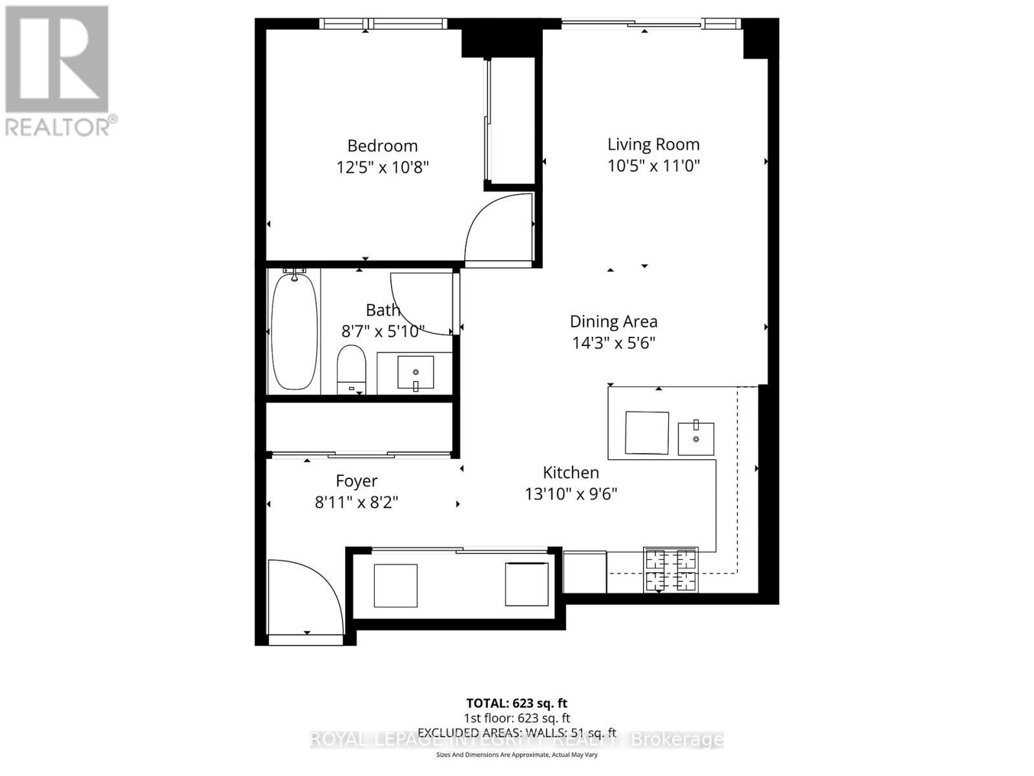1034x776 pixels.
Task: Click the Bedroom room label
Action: coord(383,146)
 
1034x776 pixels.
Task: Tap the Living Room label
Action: coord(653,144)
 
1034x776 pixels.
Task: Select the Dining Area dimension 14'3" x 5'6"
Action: coord(613,343)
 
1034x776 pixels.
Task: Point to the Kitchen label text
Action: coord(571,473)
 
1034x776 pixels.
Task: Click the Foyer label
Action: coord(357,481)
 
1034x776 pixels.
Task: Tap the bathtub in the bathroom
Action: coord(294,332)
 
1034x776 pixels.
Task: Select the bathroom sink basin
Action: coord(416,372)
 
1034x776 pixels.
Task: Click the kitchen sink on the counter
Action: coord(696,438)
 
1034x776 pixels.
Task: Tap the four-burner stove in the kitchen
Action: coord(671,570)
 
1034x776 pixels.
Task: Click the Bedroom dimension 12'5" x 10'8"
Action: coord(383,167)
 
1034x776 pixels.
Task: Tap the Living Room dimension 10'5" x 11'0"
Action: coord(653,166)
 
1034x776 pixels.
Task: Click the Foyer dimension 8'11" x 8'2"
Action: coord(357,502)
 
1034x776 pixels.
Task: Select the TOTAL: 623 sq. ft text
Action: coord(517,703)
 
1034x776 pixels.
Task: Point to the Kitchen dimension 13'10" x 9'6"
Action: coord(571,494)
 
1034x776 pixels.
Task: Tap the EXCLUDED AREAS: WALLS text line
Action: coord(517,733)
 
